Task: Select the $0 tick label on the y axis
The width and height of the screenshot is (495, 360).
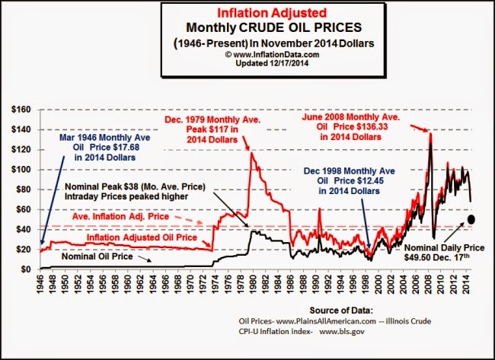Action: pos(24,269)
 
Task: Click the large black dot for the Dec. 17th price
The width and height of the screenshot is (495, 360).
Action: pos(471,220)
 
